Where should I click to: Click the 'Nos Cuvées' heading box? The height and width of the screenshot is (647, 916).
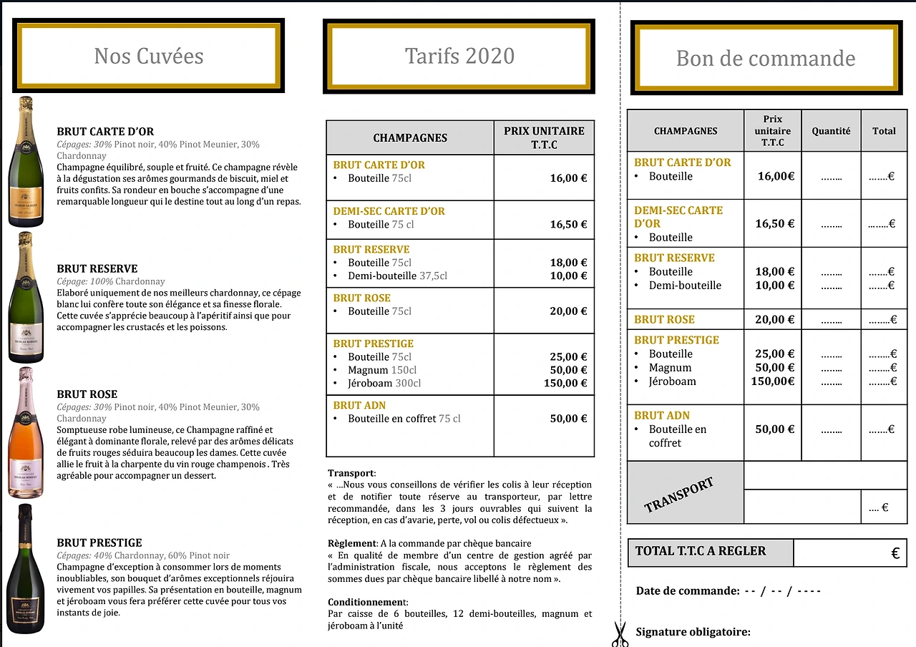point(149,56)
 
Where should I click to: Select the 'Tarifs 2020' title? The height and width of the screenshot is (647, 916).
point(459,56)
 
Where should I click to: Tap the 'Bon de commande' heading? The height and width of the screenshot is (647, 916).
point(765,58)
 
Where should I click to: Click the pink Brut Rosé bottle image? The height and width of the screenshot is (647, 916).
point(26,432)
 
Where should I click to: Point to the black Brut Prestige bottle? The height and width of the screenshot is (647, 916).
point(26,568)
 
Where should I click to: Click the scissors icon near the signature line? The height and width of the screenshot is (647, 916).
point(620,633)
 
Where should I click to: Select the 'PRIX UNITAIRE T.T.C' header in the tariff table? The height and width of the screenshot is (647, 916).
point(544,137)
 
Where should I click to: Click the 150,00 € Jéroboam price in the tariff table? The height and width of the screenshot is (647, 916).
point(565,383)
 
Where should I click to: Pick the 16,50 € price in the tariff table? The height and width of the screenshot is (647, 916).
point(568,224)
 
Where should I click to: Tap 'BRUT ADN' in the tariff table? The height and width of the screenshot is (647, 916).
point(359,405)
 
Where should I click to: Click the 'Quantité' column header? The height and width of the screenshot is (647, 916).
point(831,131)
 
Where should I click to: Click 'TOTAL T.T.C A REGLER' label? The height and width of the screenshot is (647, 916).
point(701,551)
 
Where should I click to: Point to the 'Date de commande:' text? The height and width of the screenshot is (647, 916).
point(687,591)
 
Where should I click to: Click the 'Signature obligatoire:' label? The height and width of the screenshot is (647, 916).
point(693,632)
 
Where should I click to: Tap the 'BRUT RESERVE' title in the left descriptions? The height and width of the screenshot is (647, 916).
point(97,269)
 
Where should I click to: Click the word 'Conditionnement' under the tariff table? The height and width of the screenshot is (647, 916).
point(366,602)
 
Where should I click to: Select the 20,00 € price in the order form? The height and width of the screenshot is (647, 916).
point(774,319)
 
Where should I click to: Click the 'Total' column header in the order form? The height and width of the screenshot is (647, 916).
point(884,131)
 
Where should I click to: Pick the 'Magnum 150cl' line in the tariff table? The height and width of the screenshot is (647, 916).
point(381,370)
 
